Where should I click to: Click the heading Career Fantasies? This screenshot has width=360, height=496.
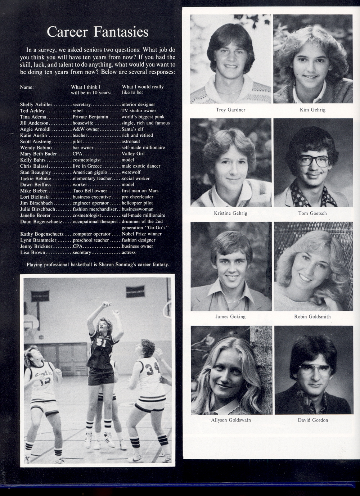(x=98, y=32)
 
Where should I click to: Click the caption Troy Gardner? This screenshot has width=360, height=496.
(x=230, y=110)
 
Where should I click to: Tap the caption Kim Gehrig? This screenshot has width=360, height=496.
(x=312, y=110)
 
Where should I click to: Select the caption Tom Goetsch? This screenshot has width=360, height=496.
(x=312, y=213)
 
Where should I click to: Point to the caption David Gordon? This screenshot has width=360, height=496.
(x=313, y=420)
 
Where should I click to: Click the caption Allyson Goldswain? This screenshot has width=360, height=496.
(x=231, y=420)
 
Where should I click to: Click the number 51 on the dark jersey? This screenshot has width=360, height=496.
(x=101, y=343)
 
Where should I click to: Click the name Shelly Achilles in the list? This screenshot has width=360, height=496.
(x=36, y=105)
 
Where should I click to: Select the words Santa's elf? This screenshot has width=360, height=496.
(x=132, y=129)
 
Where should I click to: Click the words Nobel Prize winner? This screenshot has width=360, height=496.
(x=141, y=234)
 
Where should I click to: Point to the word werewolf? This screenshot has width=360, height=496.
(x=131, y=172)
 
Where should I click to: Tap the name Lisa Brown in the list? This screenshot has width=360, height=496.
(x=33, y=253)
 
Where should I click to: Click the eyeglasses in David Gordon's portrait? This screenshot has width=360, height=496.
(x=314, y=369)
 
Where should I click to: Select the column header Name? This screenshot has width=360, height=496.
(x=27, y=87)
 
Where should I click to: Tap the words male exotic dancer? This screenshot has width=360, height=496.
(x=141, y=166)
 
